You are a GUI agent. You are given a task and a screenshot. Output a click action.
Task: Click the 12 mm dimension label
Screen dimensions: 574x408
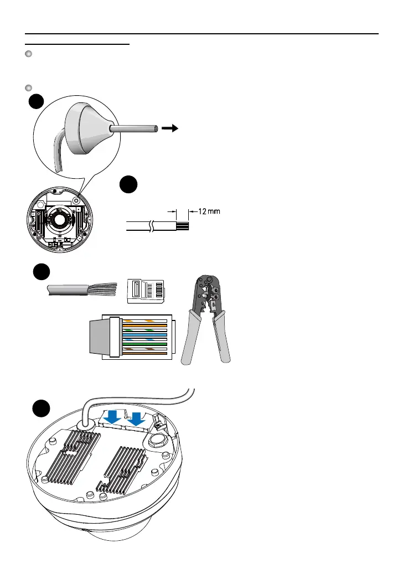pos(208,213)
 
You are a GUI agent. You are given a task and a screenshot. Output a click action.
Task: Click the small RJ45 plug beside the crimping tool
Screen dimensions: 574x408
pos(147,291)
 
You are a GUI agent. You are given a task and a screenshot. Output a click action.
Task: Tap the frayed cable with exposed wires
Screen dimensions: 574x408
pos(82,291)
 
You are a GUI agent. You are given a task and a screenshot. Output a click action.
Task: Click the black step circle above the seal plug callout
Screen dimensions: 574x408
pos(37,103)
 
